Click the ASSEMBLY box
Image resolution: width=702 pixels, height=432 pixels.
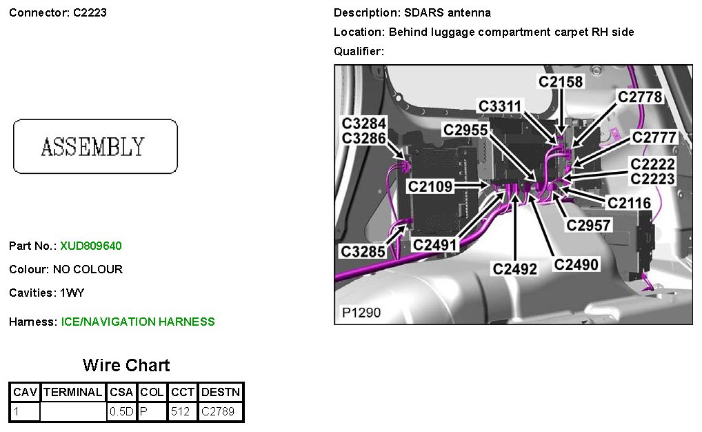95,146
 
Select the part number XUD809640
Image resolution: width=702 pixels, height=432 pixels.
91,246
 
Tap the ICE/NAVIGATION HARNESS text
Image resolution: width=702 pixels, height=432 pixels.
138,322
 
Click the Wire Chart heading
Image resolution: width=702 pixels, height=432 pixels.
126,365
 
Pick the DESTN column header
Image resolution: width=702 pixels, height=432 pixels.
221,393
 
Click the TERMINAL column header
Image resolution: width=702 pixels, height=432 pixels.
72,393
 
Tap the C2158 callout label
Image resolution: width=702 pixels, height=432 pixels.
561,82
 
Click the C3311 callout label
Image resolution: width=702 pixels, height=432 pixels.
501,106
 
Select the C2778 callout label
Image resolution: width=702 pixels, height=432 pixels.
640,97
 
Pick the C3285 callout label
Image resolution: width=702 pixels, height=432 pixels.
363,252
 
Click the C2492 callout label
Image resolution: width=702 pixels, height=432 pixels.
514,268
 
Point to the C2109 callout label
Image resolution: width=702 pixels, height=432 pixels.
430,186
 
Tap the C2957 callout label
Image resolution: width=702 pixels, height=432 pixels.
588,225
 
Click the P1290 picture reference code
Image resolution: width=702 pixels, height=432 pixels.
361,313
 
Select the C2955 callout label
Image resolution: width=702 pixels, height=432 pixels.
465,130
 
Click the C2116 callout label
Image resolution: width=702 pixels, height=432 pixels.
629,203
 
